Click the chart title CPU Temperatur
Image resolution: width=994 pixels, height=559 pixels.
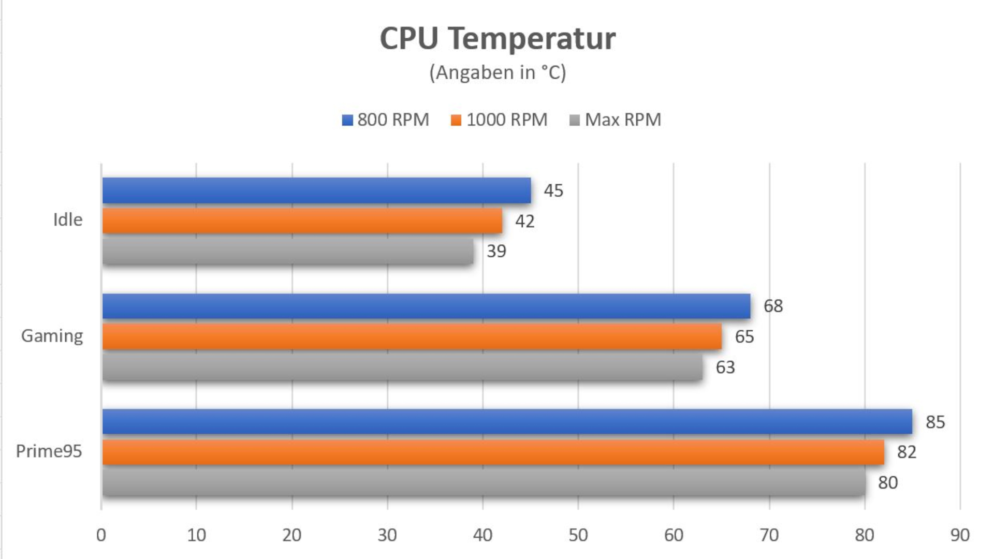498,38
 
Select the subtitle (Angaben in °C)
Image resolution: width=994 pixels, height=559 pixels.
498,72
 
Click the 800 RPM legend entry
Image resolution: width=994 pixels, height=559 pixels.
386,120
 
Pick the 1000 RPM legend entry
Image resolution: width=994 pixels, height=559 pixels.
500,120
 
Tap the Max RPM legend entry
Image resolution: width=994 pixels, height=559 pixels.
616,120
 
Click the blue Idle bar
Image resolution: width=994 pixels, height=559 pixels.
316,190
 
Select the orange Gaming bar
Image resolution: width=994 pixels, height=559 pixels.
412,336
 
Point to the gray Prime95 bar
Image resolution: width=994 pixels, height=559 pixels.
484,482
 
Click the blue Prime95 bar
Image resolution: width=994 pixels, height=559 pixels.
507,421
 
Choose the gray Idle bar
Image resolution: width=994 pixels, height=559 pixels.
288,252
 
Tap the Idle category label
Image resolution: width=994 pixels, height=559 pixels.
68,220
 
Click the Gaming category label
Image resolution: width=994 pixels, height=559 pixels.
52,336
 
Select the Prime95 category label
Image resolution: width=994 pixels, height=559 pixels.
49,451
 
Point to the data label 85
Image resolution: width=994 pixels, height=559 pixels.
935,422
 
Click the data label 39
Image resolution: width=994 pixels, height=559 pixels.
496,252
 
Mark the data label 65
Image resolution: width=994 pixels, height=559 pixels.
744,337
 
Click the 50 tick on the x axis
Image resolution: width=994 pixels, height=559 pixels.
578,535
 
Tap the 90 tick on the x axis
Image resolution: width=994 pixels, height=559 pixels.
960,535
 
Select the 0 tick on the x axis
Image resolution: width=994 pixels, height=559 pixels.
101,535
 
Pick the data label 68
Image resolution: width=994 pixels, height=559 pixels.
773,306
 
